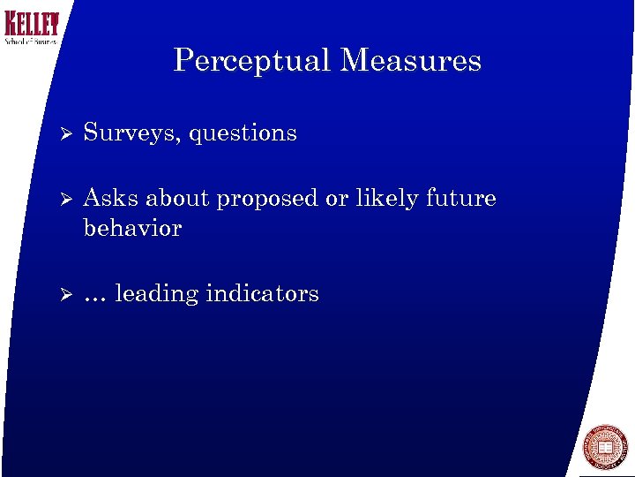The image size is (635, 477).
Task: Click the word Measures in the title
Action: coord(410,60)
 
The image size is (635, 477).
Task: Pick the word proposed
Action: coord(267,199)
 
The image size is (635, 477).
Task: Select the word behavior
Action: coord(132,228)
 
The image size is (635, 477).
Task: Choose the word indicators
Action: coord(262,293)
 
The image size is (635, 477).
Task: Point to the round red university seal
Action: coord(605,447)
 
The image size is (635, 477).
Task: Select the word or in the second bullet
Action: coord(337,199)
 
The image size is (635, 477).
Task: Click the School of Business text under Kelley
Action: coord(31,41)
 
